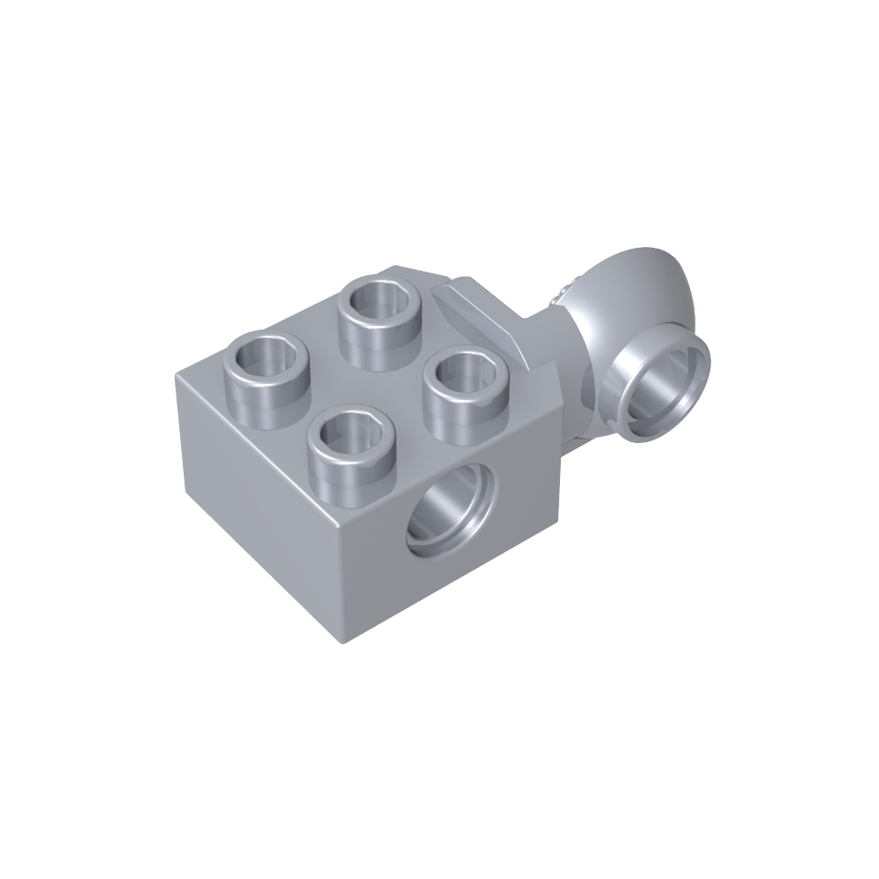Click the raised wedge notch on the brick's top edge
point(479,316)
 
